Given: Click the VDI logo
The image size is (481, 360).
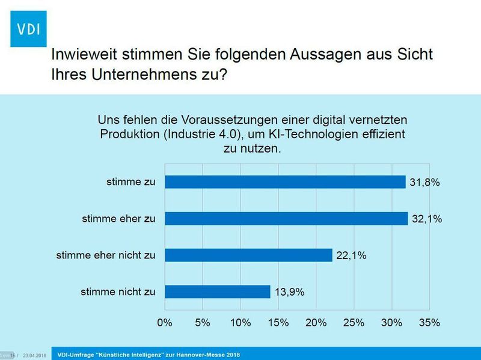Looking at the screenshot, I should point(28,28).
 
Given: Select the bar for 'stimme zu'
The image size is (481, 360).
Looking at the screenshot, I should point(285,182).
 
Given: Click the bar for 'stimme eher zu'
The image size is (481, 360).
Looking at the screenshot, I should point(286,219).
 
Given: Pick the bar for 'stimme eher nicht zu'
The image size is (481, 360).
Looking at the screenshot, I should point(248,255).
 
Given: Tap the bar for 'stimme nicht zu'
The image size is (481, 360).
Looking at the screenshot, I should point(217,292).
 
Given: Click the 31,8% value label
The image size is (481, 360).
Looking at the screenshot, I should point(424,182).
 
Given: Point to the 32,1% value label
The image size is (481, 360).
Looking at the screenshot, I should point(427,219).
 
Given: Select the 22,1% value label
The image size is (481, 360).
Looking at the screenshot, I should point(351,255).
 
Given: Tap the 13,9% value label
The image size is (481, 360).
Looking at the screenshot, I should point(289,292).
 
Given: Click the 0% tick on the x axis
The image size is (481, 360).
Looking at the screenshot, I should point(165,323).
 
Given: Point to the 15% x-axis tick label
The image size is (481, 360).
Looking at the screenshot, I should point(278,323).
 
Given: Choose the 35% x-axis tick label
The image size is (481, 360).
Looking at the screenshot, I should point(429,323).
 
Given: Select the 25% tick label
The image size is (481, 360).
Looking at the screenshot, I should point(354,323).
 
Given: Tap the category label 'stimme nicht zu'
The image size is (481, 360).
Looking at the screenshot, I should point(117,292).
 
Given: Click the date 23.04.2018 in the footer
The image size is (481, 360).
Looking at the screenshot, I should point(35,355).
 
